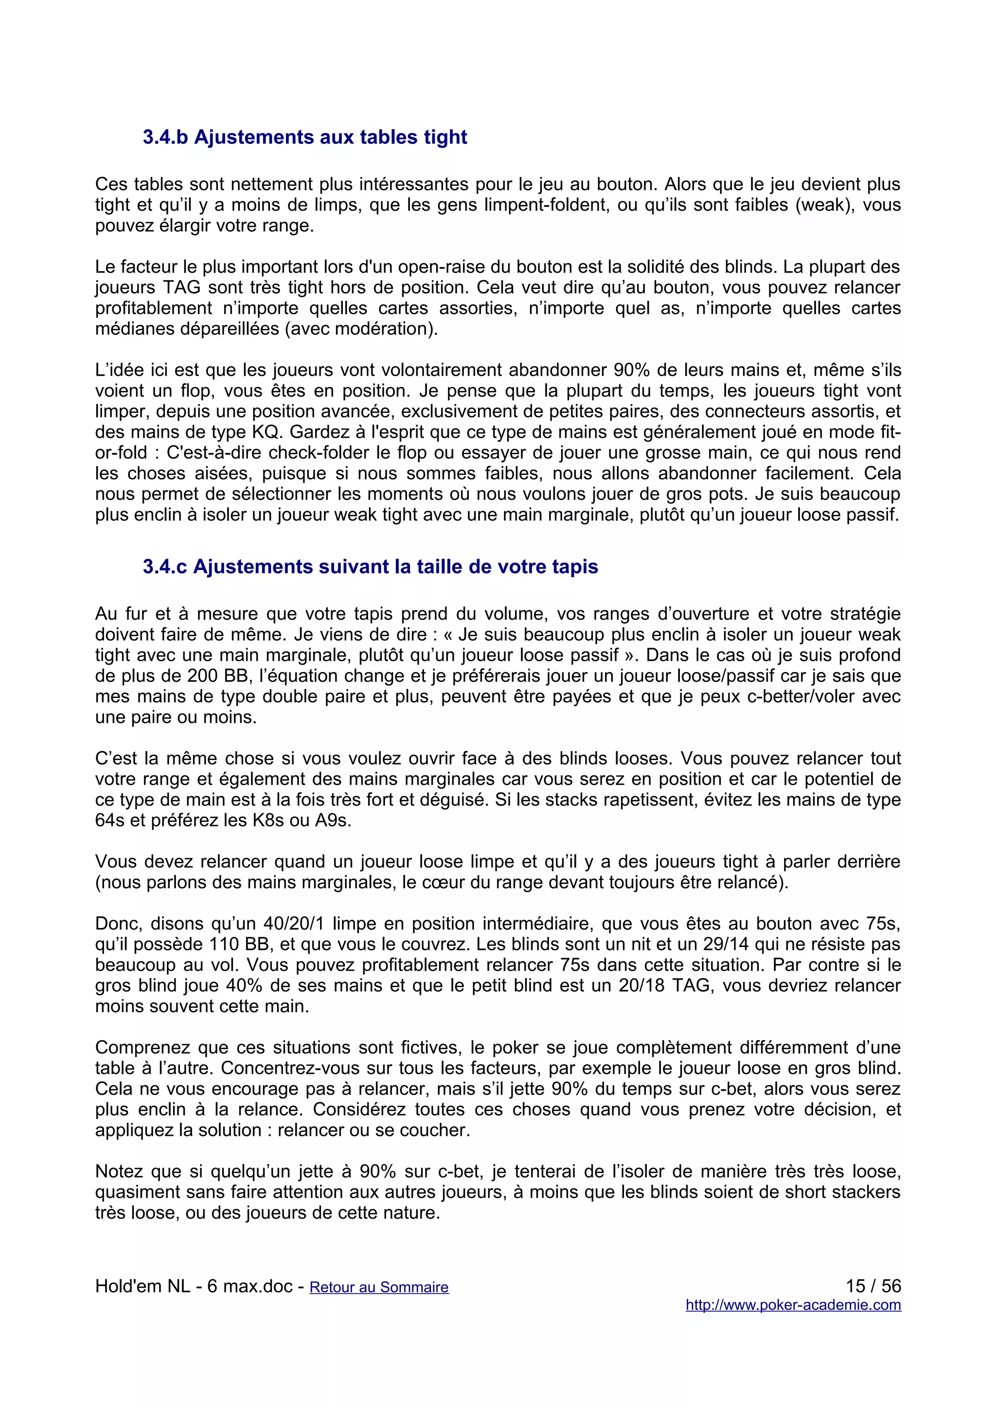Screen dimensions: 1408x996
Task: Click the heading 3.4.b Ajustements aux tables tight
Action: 305,137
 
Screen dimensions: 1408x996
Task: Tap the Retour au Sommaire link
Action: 379,1287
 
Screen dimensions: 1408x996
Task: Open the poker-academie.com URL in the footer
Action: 793,1305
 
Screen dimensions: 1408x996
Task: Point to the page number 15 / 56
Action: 872,1286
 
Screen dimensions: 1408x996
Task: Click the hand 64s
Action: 110,821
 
